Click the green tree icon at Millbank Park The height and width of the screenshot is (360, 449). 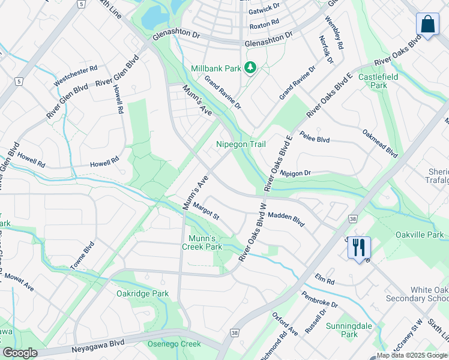pyautogui.click(x=250, y=68)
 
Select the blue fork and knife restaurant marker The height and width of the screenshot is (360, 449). pyautogui.click(x=359, y=247)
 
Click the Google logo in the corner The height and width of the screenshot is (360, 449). pyautogui.click(x=20, y=353)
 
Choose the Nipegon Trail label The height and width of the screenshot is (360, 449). pyautogui.click(x=241, y=145)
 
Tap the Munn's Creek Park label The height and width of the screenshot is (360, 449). pyautogui.click(x=202, y=242)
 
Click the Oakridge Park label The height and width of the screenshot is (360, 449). pyautogui.click(x=143, y=293)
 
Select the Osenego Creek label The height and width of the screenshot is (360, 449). pyautogui.click(x=174, y=344)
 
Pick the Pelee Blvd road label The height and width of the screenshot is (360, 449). pyautogui.click(x=315, y=137)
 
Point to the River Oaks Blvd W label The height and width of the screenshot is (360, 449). pyautogui.click(x=252, y=232)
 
